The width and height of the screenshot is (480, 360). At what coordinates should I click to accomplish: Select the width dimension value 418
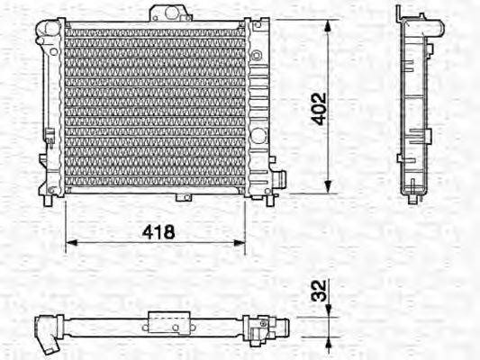pyautogui.click(x=158, y=231)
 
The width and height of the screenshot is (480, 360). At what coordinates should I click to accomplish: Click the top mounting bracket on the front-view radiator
pyautogui.click(x=168, y=13)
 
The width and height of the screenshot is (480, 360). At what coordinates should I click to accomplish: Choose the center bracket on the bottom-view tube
pyautogui.click(x=169, y=321)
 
